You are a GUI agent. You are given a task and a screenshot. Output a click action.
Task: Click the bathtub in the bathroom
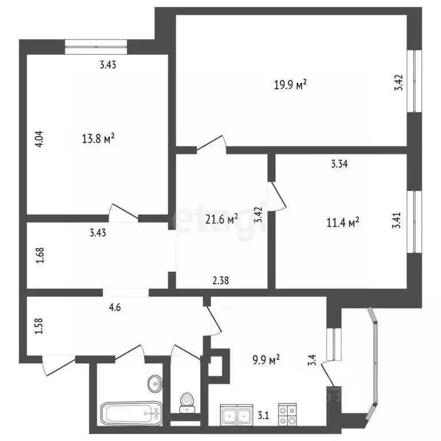click(x=131, y=412)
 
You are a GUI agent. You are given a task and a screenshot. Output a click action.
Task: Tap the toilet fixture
click(x=185, y=402)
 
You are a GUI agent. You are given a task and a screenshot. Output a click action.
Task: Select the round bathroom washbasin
click(x=154, y=382)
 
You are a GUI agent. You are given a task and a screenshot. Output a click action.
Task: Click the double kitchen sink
click(x=237, y=414)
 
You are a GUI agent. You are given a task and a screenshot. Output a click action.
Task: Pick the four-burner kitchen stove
click(x=287, y=414)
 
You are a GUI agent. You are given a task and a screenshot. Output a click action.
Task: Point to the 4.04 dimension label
click(x=40, y=141)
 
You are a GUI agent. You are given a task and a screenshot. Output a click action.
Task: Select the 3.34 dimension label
click(x=339, y=164)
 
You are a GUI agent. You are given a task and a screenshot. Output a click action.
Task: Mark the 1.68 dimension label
click(x=40, y=254)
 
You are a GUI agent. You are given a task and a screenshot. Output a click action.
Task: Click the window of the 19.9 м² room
click(x=412, y=80)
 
